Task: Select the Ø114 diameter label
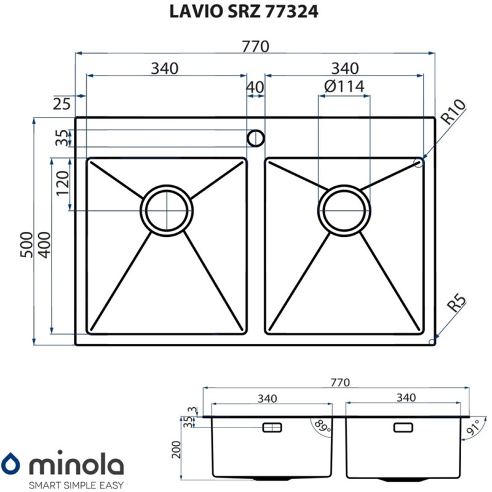point(344,87)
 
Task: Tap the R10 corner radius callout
point(453,113)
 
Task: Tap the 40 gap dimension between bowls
point(255,87)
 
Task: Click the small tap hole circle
point(255,138)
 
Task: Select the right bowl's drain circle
point(345,209)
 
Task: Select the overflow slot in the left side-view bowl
point(271,427)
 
